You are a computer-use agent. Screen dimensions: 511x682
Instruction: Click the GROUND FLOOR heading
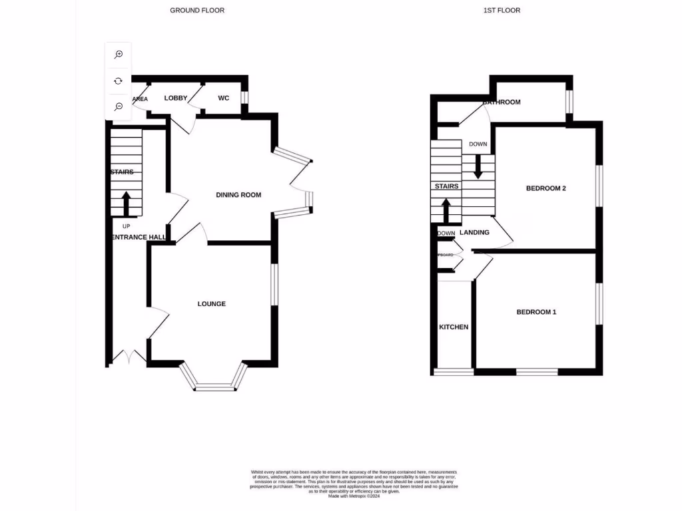tap(197, 10)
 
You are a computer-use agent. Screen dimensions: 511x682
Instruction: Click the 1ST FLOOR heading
tap(502, 10)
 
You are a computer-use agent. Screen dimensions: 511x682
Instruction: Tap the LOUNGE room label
tap(212, 304)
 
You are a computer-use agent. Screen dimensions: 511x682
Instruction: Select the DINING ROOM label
tap(238, 195)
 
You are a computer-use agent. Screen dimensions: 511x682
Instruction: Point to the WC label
tap(224, 98)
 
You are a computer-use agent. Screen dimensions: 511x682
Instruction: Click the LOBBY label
tap(176, 98)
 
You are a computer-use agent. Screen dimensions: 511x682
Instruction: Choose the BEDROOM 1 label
tap(536, 312)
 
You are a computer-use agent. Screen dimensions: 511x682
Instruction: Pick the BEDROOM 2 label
tap(545, 188)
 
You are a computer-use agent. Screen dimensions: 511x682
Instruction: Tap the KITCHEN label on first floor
tap(454, 327)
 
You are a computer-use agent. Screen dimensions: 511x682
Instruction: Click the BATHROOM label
tap(502, 102)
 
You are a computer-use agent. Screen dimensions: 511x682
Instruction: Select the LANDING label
tap(474, 232)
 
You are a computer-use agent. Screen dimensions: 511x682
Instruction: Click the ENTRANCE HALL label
tap(137, 237)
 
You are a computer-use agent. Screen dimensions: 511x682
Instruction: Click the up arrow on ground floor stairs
tap(126, 204)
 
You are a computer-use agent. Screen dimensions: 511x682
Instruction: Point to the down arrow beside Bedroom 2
tap(478, 166)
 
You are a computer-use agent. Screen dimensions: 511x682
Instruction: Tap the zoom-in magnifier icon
tap(119, 55)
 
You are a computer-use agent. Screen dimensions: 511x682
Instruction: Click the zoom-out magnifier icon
tap(119, 106)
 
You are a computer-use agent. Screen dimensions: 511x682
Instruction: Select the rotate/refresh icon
tap(119, 81)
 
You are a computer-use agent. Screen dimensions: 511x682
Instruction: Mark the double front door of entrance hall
tap(127, 358)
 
